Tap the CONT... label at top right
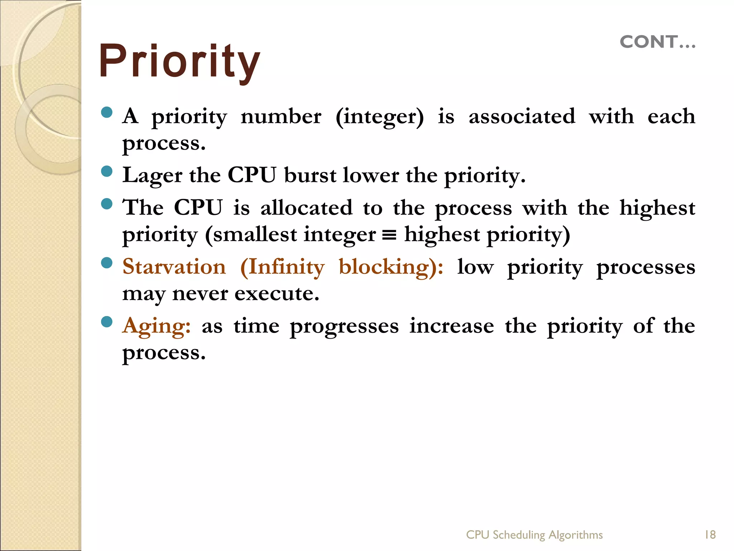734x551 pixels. click(658, 42)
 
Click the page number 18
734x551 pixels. click(710, 534)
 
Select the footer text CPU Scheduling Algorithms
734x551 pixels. click(534, 534)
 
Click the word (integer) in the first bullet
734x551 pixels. click(380, 117)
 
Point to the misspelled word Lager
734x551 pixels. click(152, 176)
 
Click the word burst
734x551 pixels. click(310, 176)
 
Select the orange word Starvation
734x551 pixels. click(174, 267)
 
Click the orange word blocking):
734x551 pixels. click(391, 267)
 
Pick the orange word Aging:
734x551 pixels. click(156, 326)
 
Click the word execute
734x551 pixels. click(277, 294)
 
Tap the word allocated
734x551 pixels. click(306, 208)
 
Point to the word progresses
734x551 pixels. click(344, 326)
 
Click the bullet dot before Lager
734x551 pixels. click(107, 171)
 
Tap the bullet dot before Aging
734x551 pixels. click(107, 321)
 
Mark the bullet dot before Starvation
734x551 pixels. click(107, 263)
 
